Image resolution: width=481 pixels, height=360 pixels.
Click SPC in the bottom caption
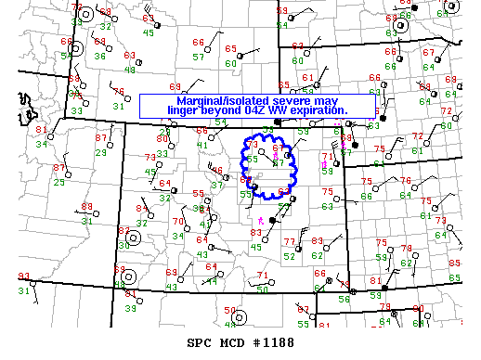199,341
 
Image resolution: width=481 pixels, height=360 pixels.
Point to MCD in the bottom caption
227,341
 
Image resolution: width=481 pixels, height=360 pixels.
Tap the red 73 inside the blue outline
253,146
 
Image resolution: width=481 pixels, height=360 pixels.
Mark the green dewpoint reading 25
58,182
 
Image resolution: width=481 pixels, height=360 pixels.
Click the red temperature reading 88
86,207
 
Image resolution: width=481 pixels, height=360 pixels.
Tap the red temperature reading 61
308,77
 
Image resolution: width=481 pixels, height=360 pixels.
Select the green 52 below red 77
290,255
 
